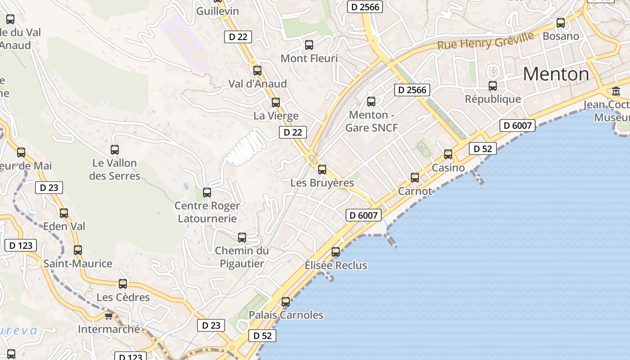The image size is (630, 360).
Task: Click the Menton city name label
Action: [556, 74]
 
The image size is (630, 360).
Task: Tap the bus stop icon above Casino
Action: [448, 154]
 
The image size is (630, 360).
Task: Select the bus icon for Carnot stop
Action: [415, 178]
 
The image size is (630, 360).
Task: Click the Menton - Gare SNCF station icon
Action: [371, 102]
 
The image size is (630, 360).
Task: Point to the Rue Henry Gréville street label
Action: [485, 41]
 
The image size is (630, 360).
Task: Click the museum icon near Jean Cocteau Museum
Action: [616, 91]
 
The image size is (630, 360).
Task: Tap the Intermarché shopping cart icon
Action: [108, 316]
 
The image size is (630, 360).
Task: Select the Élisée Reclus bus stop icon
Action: [336, 252]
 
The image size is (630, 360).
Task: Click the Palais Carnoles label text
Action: [286, 315]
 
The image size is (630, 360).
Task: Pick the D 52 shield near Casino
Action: [482, 148]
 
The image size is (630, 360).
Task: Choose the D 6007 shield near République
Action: [517, 126]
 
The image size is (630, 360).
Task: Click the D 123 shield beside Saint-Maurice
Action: [20, 245]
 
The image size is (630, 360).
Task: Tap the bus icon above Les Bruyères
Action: [322, 170]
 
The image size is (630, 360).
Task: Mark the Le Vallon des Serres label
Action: [115, 169]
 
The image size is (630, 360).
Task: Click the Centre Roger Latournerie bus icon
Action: [207, 193]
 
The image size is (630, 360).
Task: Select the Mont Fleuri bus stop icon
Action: [309, 45]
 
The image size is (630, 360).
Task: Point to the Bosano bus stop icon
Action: [561, 23]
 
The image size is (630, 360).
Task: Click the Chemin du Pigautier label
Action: [242, 257]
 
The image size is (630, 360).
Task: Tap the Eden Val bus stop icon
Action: [64, 213]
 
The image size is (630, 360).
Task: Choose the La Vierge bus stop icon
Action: [276, 103]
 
